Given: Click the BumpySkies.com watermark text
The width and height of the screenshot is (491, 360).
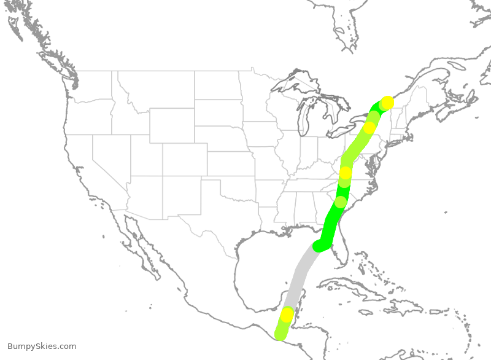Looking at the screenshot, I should (x=42, y=346).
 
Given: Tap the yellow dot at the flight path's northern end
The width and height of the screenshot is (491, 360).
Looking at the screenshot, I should (x=387, y=102).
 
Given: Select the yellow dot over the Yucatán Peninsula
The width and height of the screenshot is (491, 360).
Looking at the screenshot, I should (x=287, y=315).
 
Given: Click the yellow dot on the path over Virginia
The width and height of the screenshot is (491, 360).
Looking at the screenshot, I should (x=346, y=173).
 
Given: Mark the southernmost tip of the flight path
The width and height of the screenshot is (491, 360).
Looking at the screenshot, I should (x=280, y=335).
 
